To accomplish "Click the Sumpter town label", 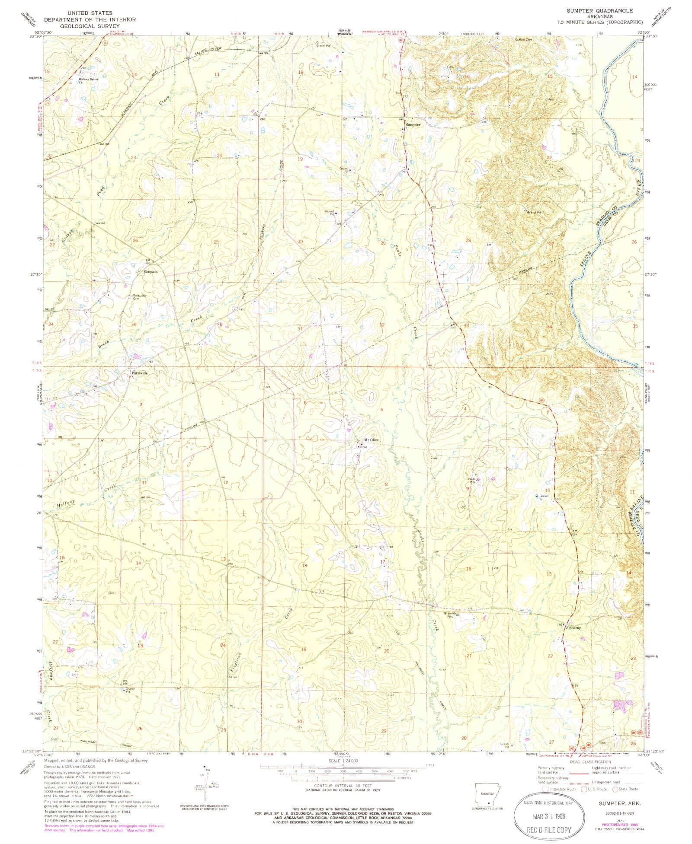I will coord(413,124).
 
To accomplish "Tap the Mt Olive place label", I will coord(372,440).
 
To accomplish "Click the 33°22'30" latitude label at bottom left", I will coord(31,751).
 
